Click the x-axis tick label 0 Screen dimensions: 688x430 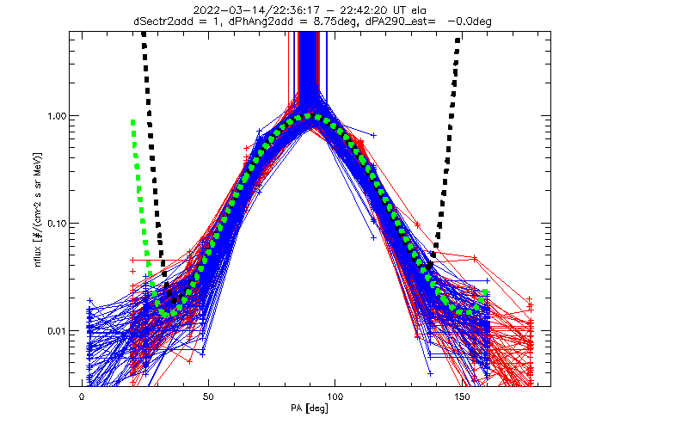pyautogui.click(x=82, y=396)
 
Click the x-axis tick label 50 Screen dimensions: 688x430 pyautogui.click(x=208, y=396)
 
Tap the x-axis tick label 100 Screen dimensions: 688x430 pyautogui.click(x=335, y=396)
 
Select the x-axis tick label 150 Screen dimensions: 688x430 pyautogui.click(x=462, y=396)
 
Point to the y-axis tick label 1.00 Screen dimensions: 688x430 pyautogui.click(x=56, y=116)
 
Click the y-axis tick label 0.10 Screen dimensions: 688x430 pyautogui.click(x=56, y=224)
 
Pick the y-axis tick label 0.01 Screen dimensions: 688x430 pyautogui.click(x=56, y=331)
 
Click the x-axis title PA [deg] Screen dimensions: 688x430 pyautogui.click(x=310, y=408)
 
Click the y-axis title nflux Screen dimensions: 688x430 pyautogui.click(x=38, y=256)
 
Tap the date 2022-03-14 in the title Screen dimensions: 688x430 pyautogui.click(x=219, y=10)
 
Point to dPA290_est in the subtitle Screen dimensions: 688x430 pyautogui.click(x=394, y=21)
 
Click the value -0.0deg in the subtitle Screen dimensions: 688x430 pyautogui.click(x=470, y=21)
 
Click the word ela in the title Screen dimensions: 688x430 pyautogui.click(x=419, y=10)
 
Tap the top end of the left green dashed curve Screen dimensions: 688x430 pyautogui.click(x=132, y=122)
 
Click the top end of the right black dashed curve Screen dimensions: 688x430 pyautogui.click(x=458, y=40)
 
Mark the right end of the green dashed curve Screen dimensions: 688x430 pyautogui.click(x=485, y=292)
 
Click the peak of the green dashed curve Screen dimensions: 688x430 pyautogui.click(x=310, y=116)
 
